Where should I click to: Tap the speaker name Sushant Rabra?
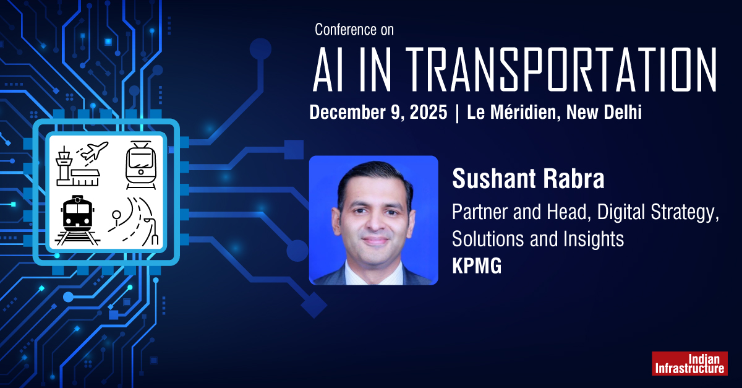[527, 179]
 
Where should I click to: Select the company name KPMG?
[477, 267]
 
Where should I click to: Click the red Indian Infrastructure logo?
[689, 363]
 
